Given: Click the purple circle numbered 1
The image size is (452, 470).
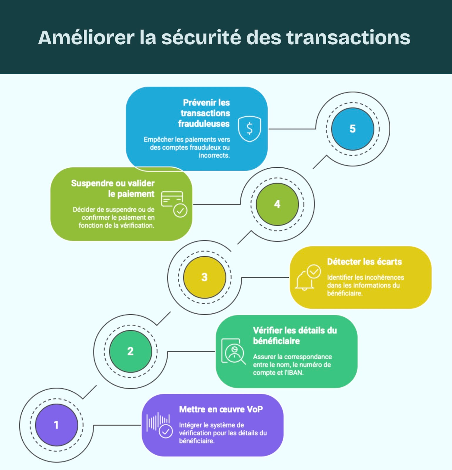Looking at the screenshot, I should [56, 425].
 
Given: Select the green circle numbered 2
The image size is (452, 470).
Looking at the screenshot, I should [130, 351].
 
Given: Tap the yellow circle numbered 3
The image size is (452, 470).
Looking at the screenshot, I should [204, 277].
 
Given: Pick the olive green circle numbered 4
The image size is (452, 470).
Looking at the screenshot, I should [277, 204].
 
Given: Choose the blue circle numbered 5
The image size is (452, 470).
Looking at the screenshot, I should [352, 129].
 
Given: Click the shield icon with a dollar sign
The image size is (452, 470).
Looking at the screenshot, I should [249, 129].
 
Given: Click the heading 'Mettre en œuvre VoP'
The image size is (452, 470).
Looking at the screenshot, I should [221, 409].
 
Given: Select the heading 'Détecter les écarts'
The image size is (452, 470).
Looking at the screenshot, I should [364, 261].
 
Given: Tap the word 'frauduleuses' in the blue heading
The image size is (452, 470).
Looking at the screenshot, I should [204, 124].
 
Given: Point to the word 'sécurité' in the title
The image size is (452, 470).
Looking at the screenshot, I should [201, 37].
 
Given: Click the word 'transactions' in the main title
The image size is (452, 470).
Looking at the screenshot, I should [348, 37].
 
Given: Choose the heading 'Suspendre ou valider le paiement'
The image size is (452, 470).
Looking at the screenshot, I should [113, 188].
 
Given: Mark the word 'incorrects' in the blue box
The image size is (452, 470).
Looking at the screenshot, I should [214, 155].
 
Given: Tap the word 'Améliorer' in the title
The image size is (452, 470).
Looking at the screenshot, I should [86, 37].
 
